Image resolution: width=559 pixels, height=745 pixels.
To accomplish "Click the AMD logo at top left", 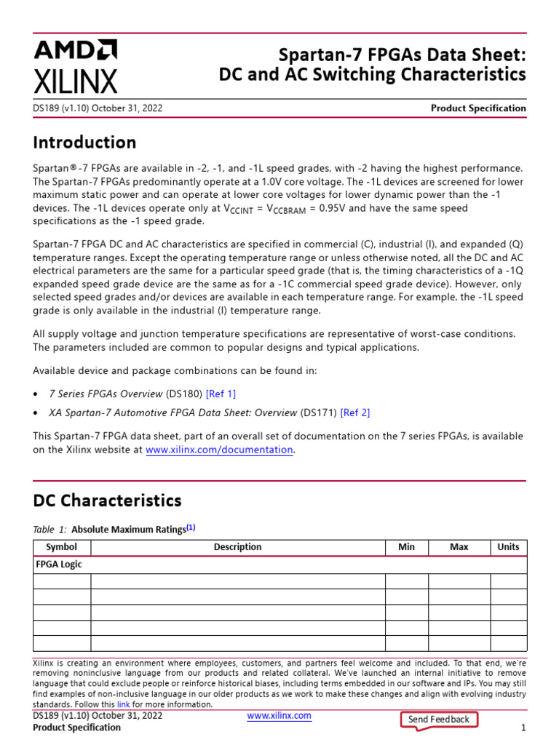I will tap(75, 49).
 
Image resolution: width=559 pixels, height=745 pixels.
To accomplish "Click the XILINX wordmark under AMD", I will tap(75, 80).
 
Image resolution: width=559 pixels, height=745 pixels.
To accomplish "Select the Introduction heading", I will tap(84, 142).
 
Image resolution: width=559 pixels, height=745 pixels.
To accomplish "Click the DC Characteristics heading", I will tap(107, 501).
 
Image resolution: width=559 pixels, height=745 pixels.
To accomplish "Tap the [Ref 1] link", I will tap(221, 394).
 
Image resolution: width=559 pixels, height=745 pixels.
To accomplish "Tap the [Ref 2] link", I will tap(354, 413).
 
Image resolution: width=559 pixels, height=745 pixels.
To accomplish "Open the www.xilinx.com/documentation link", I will tap(219, 450).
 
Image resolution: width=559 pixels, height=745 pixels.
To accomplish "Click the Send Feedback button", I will tap(439, 720).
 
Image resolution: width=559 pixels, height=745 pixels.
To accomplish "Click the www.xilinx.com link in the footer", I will tap(279, 716).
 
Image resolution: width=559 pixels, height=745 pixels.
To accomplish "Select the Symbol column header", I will tap(62, 547).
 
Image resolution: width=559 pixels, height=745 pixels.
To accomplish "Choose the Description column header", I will tap(237, 547).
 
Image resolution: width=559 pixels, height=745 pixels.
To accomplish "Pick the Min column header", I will tap(406, 547).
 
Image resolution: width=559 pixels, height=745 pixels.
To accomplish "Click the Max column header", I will tap(459, 547).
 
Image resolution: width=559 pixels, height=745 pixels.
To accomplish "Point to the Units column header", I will tap(508, 547).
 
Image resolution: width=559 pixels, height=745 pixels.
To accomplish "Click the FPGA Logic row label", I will tap(59, 565).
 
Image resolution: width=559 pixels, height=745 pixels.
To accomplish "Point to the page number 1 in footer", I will tap(523, 728).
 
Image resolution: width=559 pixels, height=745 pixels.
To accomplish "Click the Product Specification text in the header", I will tap(478, 108).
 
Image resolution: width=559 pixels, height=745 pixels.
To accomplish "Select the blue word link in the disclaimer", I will tap(123, 704).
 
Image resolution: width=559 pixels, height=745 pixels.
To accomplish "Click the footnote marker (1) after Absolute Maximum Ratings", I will tap(191, 528).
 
